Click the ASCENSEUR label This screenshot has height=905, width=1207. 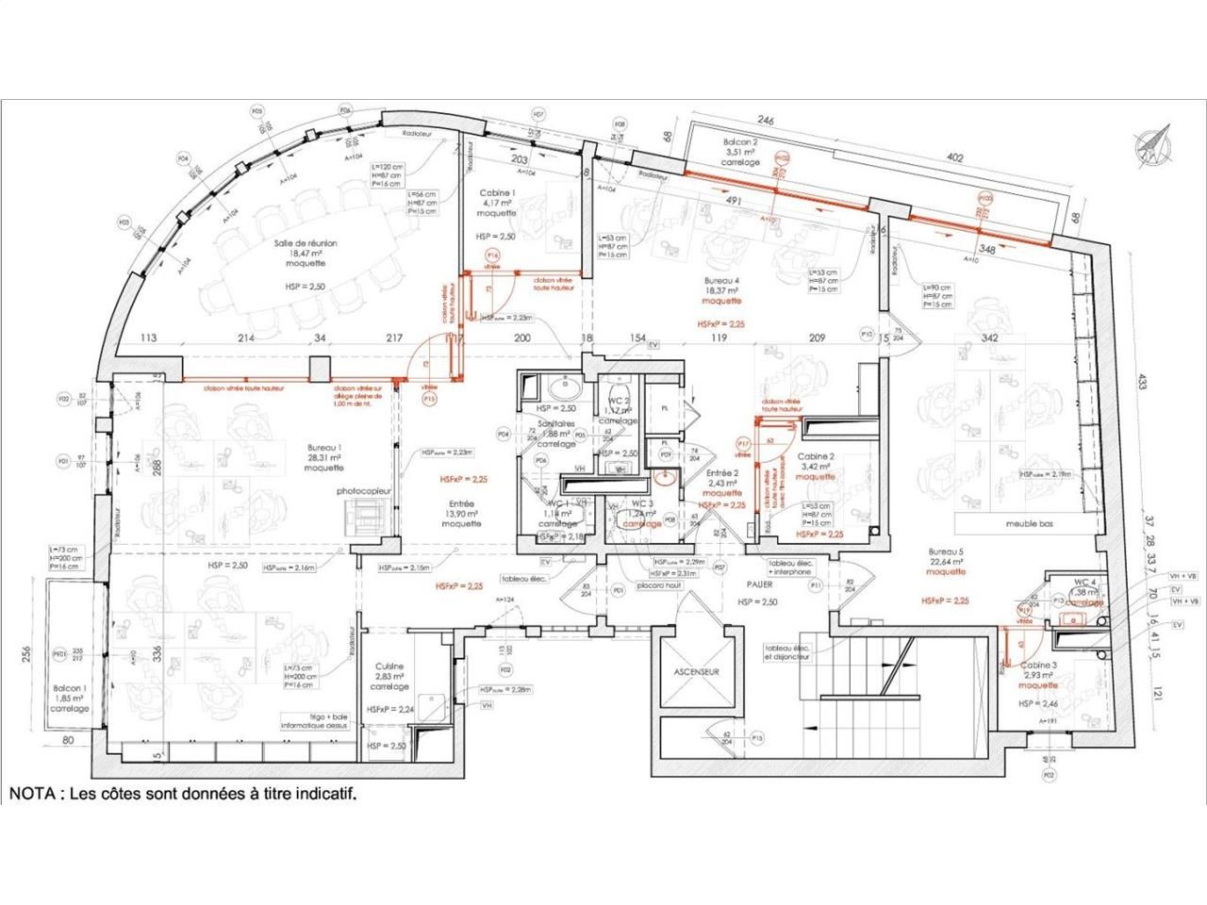(697, 672)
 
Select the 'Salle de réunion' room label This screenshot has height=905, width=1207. (306, 243)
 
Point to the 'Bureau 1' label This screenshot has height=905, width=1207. (323, 448)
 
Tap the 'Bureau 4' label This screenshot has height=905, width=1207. (721, 282)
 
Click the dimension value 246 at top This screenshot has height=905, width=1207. (765, 121)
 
